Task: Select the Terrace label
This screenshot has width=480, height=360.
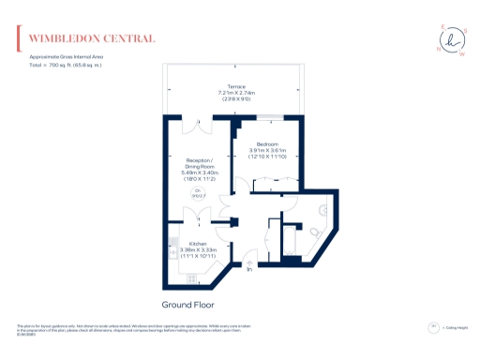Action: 236,86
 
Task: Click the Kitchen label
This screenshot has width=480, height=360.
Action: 197,244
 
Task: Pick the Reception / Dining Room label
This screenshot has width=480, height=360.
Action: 199,161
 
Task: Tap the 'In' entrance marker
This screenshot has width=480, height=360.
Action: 249,269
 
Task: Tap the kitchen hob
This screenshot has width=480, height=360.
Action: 190,277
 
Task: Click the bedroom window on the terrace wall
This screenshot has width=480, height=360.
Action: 273,116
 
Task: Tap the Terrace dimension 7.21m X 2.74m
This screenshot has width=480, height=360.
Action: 236,93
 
